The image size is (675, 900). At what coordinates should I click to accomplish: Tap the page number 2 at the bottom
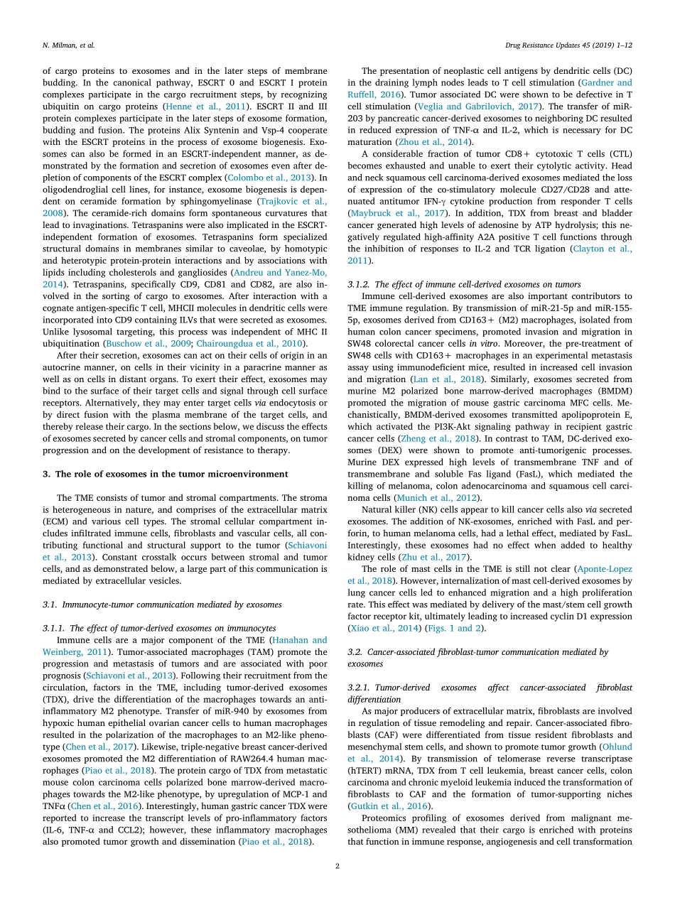click(x=337, y=866)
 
